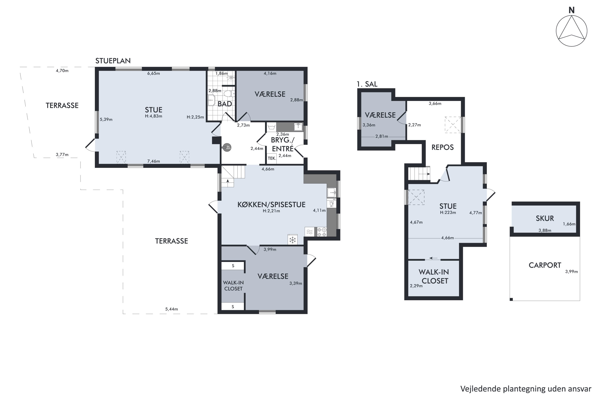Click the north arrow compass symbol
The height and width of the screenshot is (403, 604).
pyautogui.click(x=571, y=31)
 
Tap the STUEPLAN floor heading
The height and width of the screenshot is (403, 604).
pyautogui.click(x=113, y=61)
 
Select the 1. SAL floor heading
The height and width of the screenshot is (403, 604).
pyautogui.click(x=367, y=84)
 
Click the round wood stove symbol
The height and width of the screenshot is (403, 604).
pyautogui.click(x=227, y=147)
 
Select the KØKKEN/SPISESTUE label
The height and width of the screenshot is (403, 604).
pyautogui.click(x=271, y=205)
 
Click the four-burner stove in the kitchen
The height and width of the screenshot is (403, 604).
pyautogui.click(x=322, y=232)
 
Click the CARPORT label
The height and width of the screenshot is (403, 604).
pyautogui.click(x=545, y=265)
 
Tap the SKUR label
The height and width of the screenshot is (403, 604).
pyautogui.click(x=545, y=218)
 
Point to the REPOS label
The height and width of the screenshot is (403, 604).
pyautogui.click(x=442, y=147)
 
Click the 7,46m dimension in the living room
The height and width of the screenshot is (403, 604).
pyautogui.click(x=153, y=161)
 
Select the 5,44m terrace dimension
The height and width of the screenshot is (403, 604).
pyautogui.click(x=171, y=309)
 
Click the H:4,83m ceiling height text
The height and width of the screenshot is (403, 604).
pyautogui.click(x=153, y=116)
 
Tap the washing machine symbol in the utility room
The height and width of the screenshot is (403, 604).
pyautogui.click(x=271, y=127)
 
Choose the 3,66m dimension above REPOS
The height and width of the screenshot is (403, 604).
pyautogui.click(x=435, y=104)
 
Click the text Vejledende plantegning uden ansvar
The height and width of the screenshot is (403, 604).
pyautogui.click(x=526, y=389)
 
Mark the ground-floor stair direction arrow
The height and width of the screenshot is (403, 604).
pyautogui.click(x=228, y=183)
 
